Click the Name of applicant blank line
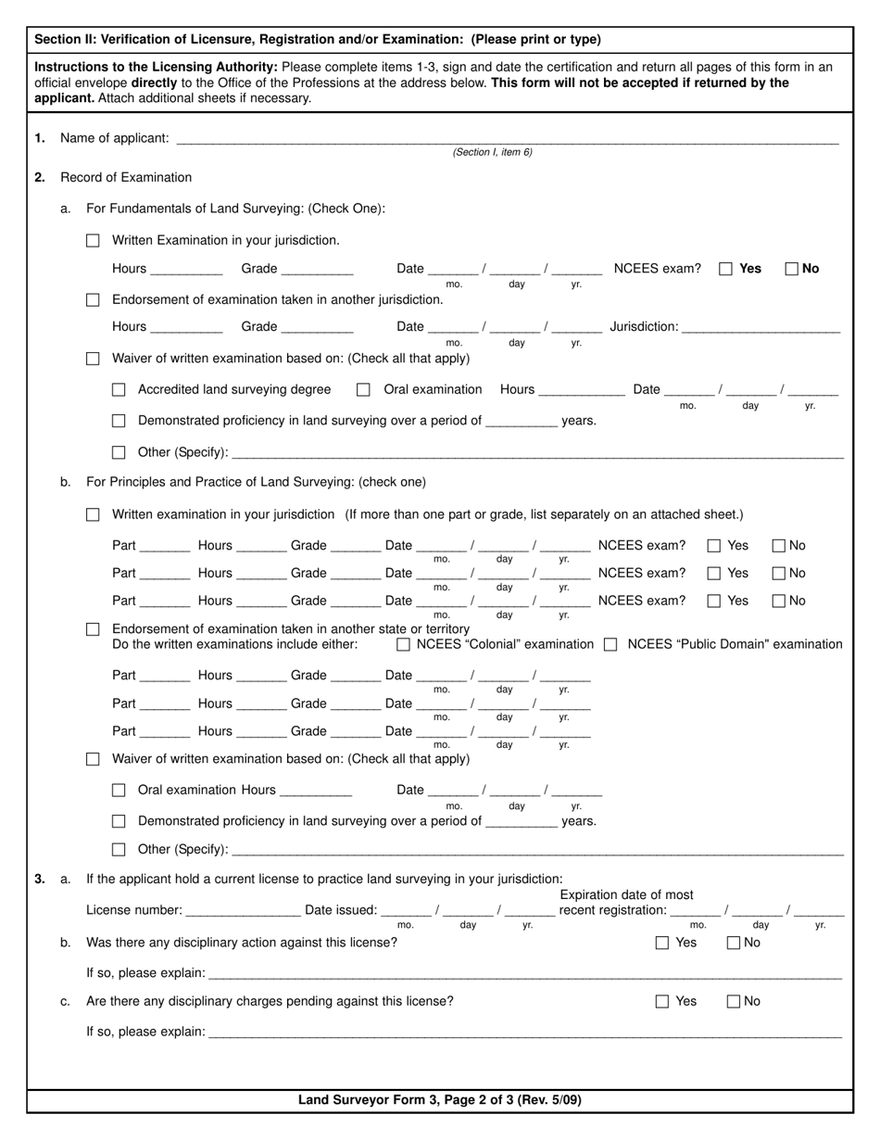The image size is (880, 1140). pos(507,139)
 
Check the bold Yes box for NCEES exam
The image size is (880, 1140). pos(726,269)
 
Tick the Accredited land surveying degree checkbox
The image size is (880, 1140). pos(119,390)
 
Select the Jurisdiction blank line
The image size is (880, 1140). pos(761,327)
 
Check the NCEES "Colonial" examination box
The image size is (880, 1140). pos(403,644)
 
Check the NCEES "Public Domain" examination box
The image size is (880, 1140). pos(610,644)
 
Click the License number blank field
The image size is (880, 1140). pos(243,910)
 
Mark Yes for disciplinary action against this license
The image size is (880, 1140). pos(662,944)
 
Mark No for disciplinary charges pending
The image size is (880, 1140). pos(734,1002)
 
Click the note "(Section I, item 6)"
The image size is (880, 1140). pos(492,152)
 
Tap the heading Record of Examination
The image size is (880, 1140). pos(126,178)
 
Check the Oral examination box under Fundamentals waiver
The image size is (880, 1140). pos(364,390)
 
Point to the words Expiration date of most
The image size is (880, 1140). pos(626,894)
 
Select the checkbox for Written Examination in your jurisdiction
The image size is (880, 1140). pos(93,241)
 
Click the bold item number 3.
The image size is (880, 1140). pos(40,879)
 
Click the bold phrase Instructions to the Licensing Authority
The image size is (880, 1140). pos(156,67)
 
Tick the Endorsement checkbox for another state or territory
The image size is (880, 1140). pos(93,629)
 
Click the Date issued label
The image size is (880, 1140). pos(341,910)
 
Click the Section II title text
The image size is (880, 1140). pos(318,40)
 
